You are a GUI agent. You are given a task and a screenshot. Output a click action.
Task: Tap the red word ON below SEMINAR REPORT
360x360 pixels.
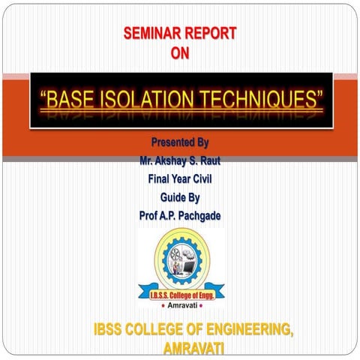click(180, 52)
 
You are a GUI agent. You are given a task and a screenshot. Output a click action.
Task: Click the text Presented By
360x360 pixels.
click(180, 142)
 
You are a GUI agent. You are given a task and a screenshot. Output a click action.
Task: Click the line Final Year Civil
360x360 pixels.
click(180, 178)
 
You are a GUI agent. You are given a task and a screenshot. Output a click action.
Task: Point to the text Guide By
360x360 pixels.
click(180, 197)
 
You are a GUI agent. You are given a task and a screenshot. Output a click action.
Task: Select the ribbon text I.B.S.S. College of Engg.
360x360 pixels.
click(180, 296)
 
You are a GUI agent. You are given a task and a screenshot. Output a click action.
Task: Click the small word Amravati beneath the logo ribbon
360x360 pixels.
click(180, 307)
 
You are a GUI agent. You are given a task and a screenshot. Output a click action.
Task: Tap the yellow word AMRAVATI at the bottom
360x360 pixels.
click(193, 349)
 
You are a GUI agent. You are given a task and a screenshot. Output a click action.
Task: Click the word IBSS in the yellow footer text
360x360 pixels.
click(112, 329)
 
